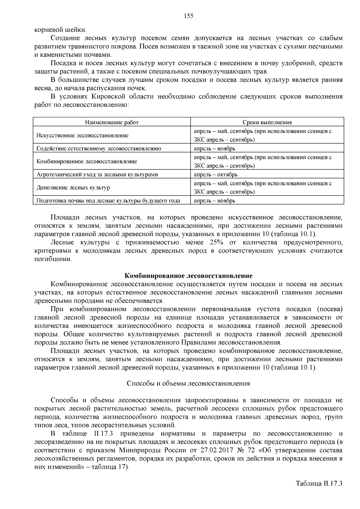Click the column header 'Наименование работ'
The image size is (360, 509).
pos(112,122)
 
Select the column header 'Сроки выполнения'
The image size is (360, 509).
pos(267,122)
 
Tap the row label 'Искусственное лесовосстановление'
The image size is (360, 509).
pos(82,136)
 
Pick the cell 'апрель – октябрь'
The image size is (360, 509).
pos(215,175)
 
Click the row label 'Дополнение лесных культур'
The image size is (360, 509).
pos(73,188)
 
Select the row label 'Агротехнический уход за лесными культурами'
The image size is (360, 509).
pos(97,175)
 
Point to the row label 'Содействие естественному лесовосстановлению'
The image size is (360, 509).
pos(98,148)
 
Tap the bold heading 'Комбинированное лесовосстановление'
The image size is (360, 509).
pos(188,276)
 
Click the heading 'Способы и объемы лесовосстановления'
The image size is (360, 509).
pos(188,383)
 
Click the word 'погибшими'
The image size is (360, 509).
pos(53,259)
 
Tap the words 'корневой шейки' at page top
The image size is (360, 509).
pos(60,30)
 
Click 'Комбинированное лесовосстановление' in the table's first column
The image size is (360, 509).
pos(86,162)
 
